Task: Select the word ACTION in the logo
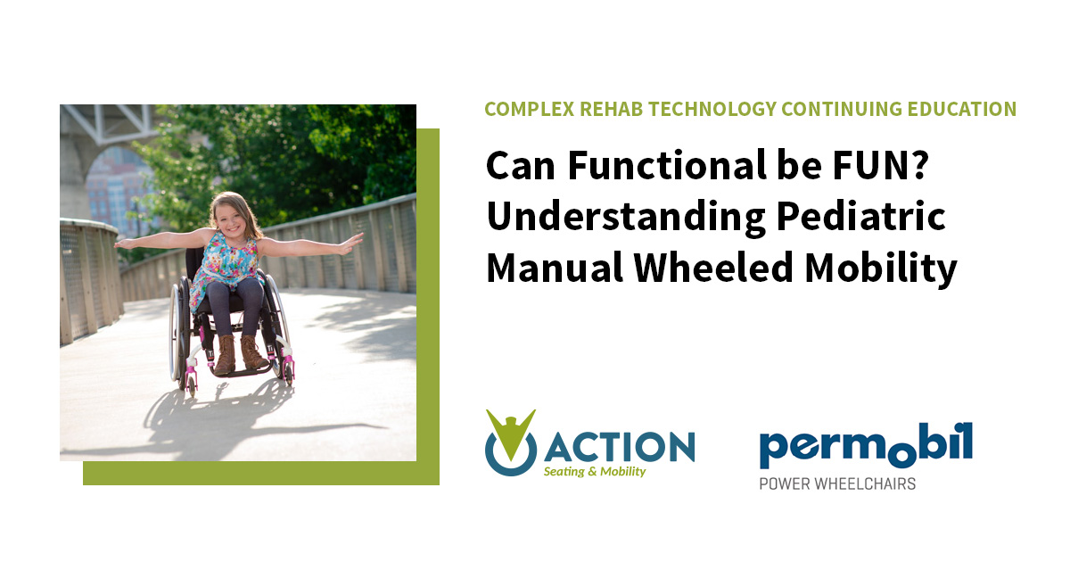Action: (x=619, y=443)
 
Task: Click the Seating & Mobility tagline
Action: (x=595, y=472)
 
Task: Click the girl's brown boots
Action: (x=237, y=354)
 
